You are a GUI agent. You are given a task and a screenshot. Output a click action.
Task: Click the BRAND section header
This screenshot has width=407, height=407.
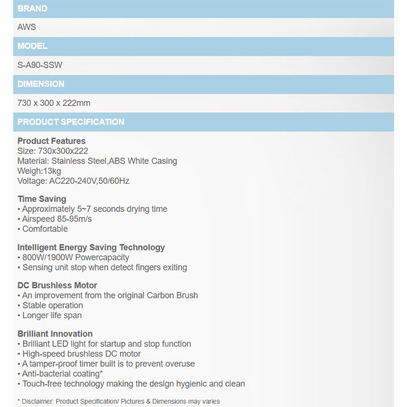pos(33,9)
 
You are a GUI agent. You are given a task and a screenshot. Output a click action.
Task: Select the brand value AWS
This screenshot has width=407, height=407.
pos(26,27)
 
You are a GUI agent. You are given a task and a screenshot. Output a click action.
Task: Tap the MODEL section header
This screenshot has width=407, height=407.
pos(33,46)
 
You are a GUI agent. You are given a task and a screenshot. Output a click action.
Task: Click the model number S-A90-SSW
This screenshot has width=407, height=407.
pos(40,65)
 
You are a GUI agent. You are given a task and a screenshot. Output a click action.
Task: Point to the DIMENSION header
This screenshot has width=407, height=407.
pos(41,84)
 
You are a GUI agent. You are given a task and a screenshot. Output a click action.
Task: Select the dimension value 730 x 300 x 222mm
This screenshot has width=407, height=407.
pos(54,103)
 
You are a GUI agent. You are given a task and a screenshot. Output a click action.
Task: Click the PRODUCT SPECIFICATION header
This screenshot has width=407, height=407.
pos(71,122)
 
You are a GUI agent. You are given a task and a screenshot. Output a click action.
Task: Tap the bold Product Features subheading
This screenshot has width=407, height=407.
pos(52,141)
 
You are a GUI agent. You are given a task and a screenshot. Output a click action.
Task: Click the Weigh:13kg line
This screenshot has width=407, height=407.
pos(39,171)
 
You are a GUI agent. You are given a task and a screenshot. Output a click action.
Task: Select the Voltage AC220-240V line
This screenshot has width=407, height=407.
pos(73,181)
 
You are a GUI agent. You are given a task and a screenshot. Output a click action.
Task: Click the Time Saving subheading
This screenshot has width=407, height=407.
pos(42,199)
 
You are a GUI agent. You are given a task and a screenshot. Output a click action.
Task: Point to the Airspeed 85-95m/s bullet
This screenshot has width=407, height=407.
pos(57,219)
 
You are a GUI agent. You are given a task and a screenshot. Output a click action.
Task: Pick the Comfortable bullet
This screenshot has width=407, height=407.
pos(45,229)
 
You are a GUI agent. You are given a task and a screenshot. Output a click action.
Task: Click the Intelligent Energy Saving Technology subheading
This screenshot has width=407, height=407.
pos(91,248)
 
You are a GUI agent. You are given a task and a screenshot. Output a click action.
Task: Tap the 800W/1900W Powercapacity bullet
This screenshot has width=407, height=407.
pos(75,258)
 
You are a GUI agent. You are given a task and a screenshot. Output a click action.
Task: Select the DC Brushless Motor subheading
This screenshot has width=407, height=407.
pos(57,286)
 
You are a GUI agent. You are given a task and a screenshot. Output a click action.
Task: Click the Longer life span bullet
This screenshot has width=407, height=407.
pos(54,315)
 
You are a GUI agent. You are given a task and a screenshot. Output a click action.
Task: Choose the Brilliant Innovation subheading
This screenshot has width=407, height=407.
pos(55,334)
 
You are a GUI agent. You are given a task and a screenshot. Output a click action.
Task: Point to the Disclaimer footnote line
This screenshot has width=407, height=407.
pos(119,401)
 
